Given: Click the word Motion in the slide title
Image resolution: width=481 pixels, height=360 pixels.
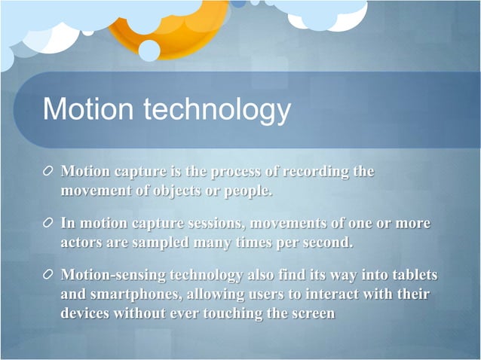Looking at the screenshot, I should click(90, 109).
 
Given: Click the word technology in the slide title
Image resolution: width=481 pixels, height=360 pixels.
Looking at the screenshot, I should click(217, 111).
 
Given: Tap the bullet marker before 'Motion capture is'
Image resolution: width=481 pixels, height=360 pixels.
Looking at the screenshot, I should click(48, 172).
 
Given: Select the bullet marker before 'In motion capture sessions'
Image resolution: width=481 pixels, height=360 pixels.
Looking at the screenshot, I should click(48, 224).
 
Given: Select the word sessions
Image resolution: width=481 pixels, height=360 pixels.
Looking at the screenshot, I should click(214, 224).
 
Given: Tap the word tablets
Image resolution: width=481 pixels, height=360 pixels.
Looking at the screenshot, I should click(411, 276).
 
